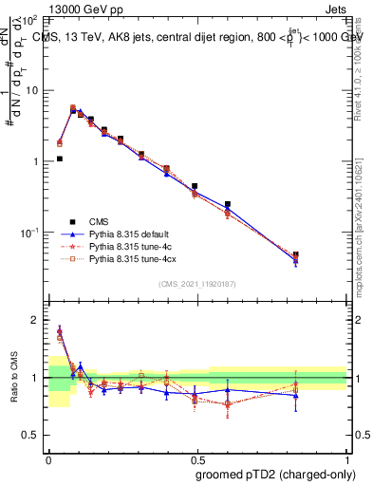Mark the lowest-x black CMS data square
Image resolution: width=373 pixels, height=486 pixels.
(60, 159)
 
